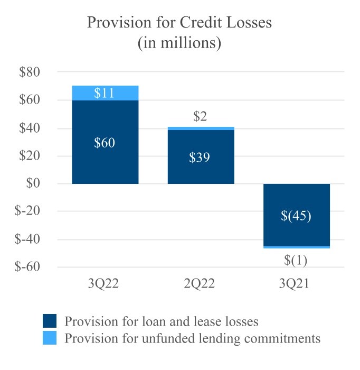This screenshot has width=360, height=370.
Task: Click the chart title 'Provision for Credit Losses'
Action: pyautogui.click(x=179, y=23)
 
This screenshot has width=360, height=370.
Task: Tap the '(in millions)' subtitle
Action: pyautogui.click(x=179, y=43)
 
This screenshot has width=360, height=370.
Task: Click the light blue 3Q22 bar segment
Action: pyautogui.click(x=105, y=93)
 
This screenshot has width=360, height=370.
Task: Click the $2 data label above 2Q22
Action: pyautogui.click(x=200, y=117)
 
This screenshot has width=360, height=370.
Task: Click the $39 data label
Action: pyautogui.click(x=201, y=158)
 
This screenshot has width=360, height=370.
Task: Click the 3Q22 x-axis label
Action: pyautogui.click(x=105, y=284)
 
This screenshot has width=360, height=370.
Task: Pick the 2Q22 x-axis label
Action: pyautogui.click(x=201, y=284)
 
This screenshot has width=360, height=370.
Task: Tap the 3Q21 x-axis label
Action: pyautogui.click(x=296, y=284)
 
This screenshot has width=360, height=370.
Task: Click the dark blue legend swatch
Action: pyautogui.click(x=50, y=321)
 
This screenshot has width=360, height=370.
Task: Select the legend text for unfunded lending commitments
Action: pyautogui.click(x=192, y=338)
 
